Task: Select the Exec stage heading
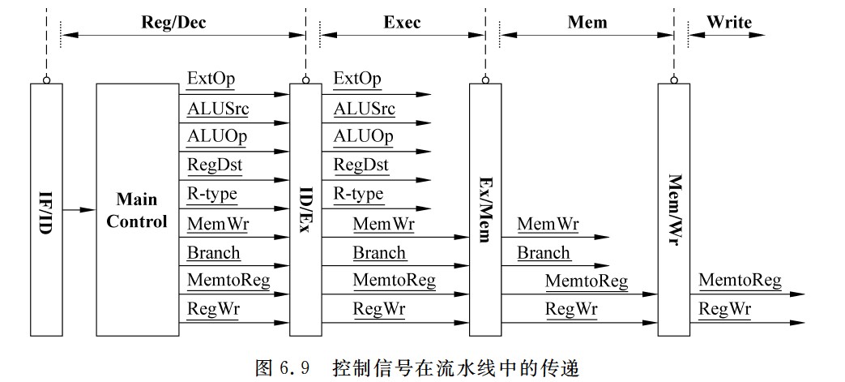coord(402,23)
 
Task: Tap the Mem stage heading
coord(589,23)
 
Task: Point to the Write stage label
coord(728,23)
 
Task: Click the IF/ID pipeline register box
coord(45,208)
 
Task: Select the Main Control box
coord(137,208)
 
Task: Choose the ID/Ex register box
coord(305,208)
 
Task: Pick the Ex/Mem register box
coord(484,208)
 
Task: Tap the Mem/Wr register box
coord(673,208)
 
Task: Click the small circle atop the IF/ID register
coord(46,79)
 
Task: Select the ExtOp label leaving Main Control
coord(211,79)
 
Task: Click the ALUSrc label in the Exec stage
coord(365,108)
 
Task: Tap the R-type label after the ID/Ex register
coord(359,195)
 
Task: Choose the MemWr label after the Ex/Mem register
coord(548,224)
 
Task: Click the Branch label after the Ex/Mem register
coord(544,252)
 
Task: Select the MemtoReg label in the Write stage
coord(740,281)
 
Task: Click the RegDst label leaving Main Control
coord(215,165)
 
